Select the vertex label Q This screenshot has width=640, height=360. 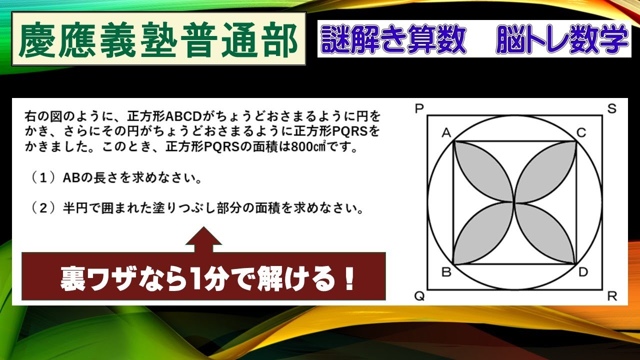pyautogui.click(x=419, y=296)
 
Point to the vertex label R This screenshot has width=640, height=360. pyautogui.click(x=612, y=296)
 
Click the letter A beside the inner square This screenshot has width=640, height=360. pyautogui.click(x=446, y=132)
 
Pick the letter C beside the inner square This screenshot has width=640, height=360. pyautogui.click(x=581, y=132)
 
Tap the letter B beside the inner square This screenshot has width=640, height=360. pyautogui.click(x=446, y=272)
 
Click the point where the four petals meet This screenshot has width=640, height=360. pyautogui.click(x=514, y=202)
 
